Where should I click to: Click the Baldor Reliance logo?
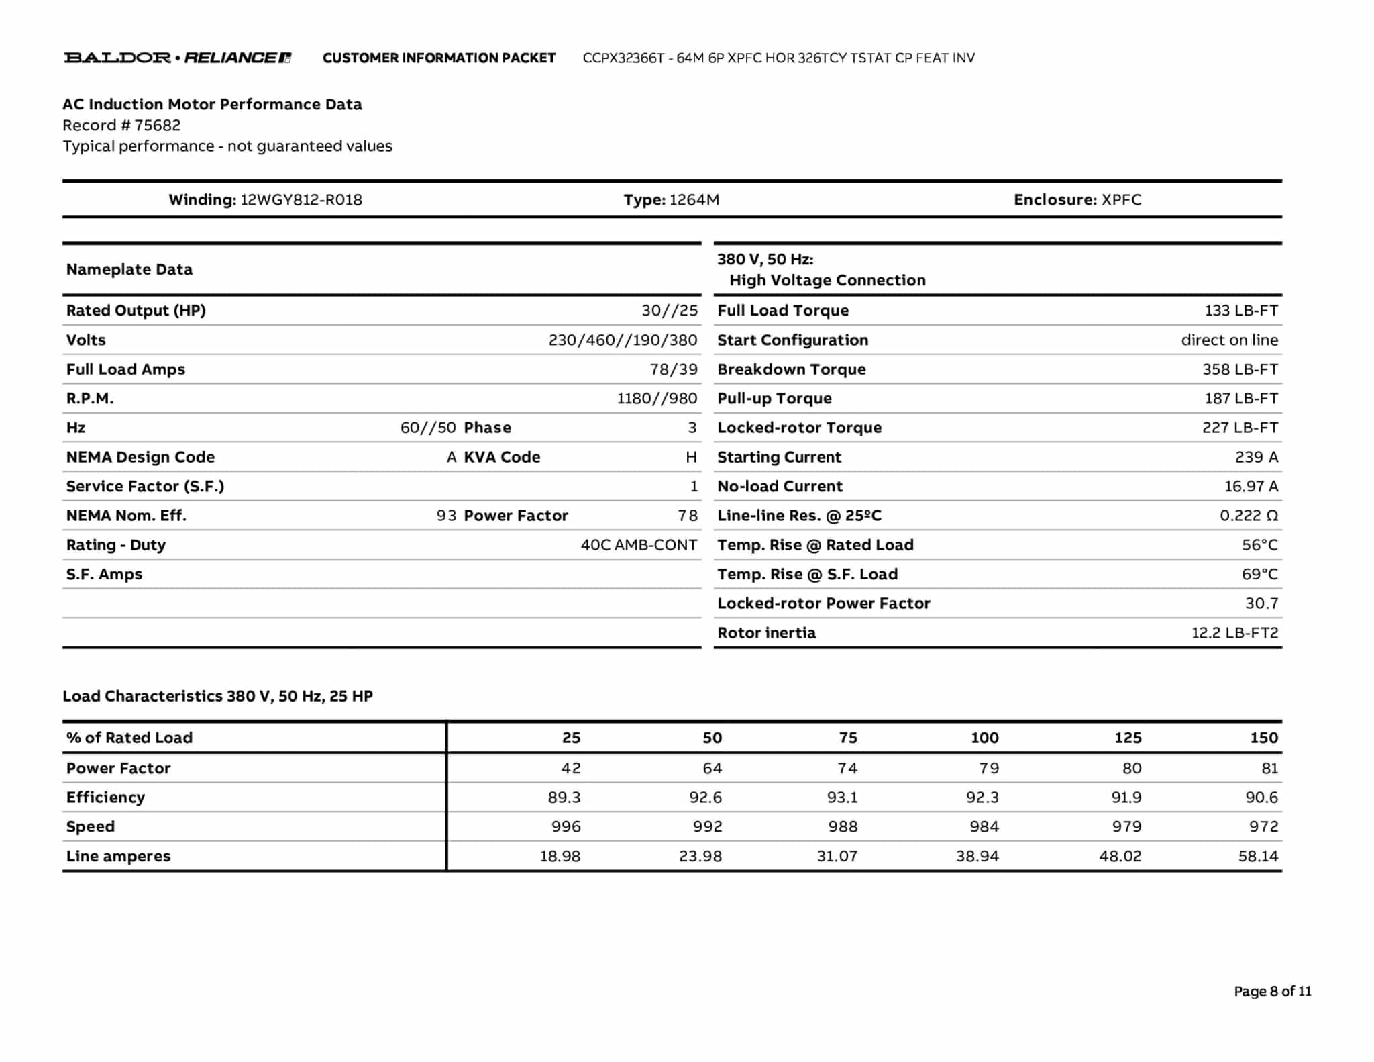[178, 58]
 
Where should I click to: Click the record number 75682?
[157, 126]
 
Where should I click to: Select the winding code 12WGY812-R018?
[301, 200]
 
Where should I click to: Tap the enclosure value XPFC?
[1121, 200]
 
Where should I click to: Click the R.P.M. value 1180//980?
[657, 399]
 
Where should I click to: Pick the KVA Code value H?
[691, 457]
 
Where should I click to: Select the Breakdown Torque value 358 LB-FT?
[1240, 369]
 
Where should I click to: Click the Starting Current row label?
[779, 457]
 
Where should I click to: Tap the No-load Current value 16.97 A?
[1251, 487]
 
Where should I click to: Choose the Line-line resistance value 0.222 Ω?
[1249, 516]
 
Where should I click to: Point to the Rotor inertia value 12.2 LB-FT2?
[1234, 633]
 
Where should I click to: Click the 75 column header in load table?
[847, 738]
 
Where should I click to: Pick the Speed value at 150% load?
[1263, 827]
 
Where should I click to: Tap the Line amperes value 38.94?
[977, 857]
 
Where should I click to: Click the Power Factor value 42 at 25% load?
[570, 769]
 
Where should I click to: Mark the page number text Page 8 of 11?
[1272, 992]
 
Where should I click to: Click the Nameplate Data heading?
[129, 270]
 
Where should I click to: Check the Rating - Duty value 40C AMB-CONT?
[639, 545]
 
